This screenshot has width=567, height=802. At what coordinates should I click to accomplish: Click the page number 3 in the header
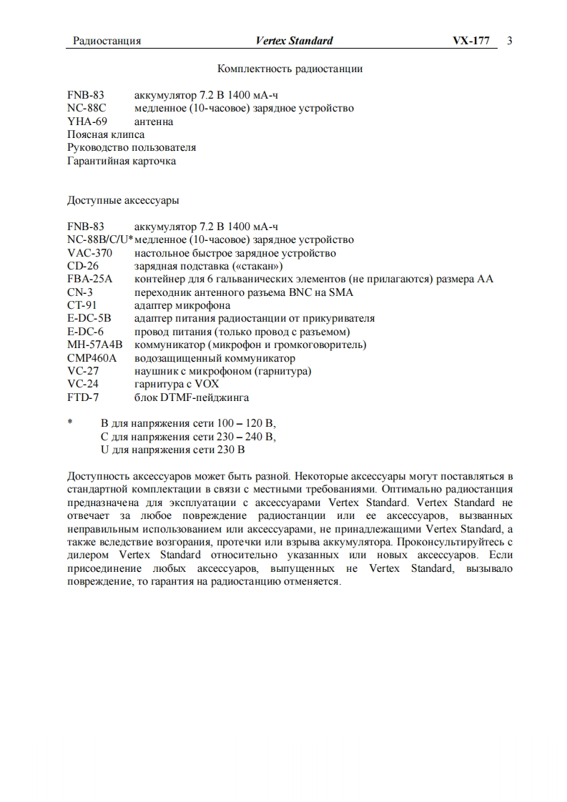tap(510, 41)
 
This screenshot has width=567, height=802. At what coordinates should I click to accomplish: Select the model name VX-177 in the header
tap(470, 41)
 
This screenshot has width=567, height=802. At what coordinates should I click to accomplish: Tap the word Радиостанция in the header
tap(107, 41)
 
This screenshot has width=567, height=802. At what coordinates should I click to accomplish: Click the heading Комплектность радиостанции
tap(290, 69)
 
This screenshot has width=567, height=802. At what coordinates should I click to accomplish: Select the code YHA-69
tap(87, 122)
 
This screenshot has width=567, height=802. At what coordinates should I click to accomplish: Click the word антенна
tap(154, 122)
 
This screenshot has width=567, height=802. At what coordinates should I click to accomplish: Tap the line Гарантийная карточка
tap(122, 161)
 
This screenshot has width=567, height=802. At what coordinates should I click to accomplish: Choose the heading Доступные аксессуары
tap(123, 200)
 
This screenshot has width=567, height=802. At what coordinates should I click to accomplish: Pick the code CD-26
tap(83, 266)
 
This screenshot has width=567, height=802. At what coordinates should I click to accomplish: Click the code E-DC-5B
tap(89, 318)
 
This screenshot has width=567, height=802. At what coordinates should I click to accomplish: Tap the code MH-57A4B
tap(95, 345)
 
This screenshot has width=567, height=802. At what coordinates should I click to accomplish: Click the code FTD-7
tap(83, 397)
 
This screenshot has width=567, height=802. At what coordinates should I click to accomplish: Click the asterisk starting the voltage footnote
tap(70, 423)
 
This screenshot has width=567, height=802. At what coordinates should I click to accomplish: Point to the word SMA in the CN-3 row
tap(341, 292)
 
